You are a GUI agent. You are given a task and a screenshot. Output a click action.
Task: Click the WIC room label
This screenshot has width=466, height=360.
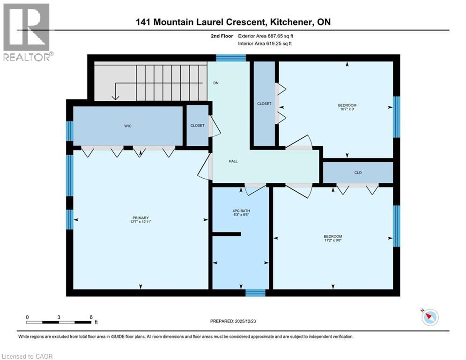(127, 126)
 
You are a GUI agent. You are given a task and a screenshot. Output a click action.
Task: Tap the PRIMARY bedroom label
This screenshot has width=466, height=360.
(141, 217)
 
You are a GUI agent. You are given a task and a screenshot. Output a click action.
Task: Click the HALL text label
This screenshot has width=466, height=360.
(233, 161)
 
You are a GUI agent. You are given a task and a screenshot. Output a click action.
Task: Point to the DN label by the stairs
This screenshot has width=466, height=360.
(216, 83)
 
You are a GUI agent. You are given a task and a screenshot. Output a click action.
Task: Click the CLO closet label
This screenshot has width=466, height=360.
(357, 172)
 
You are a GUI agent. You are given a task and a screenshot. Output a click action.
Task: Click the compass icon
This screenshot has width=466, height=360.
(429, 317)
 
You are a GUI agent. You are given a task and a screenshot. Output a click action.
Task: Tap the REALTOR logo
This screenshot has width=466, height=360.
(26, 32)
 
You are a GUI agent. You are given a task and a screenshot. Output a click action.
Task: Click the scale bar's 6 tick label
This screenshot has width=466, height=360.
(90, 317)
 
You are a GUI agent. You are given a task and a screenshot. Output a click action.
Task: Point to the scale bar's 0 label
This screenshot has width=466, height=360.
(27, 317)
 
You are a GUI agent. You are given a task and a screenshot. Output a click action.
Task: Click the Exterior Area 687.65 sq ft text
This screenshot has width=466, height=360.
(266, 36)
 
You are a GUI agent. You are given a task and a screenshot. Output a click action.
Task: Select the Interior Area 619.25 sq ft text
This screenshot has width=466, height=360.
(266, 44)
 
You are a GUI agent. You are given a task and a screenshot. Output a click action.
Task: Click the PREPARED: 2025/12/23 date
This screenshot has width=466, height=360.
(234, 321)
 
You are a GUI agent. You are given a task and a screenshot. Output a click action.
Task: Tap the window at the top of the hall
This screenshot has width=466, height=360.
(231, 58)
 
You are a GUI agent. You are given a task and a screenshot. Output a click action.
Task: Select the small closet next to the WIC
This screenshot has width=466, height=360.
(197, 126)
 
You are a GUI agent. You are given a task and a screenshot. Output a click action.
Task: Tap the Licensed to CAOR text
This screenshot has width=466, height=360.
(27, 356)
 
